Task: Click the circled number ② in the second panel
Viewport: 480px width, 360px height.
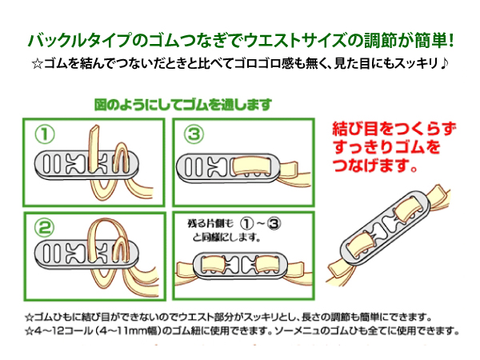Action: tap(46, 226)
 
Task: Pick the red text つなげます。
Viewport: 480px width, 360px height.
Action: tap(374, 168)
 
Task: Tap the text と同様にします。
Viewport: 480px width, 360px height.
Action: tap(222, 237)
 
